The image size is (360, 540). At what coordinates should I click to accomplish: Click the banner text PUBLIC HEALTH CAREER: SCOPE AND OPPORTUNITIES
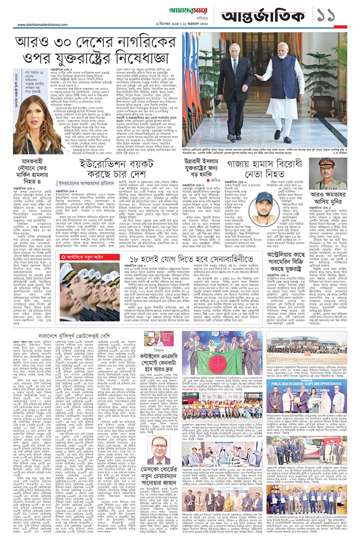[311, 383]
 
